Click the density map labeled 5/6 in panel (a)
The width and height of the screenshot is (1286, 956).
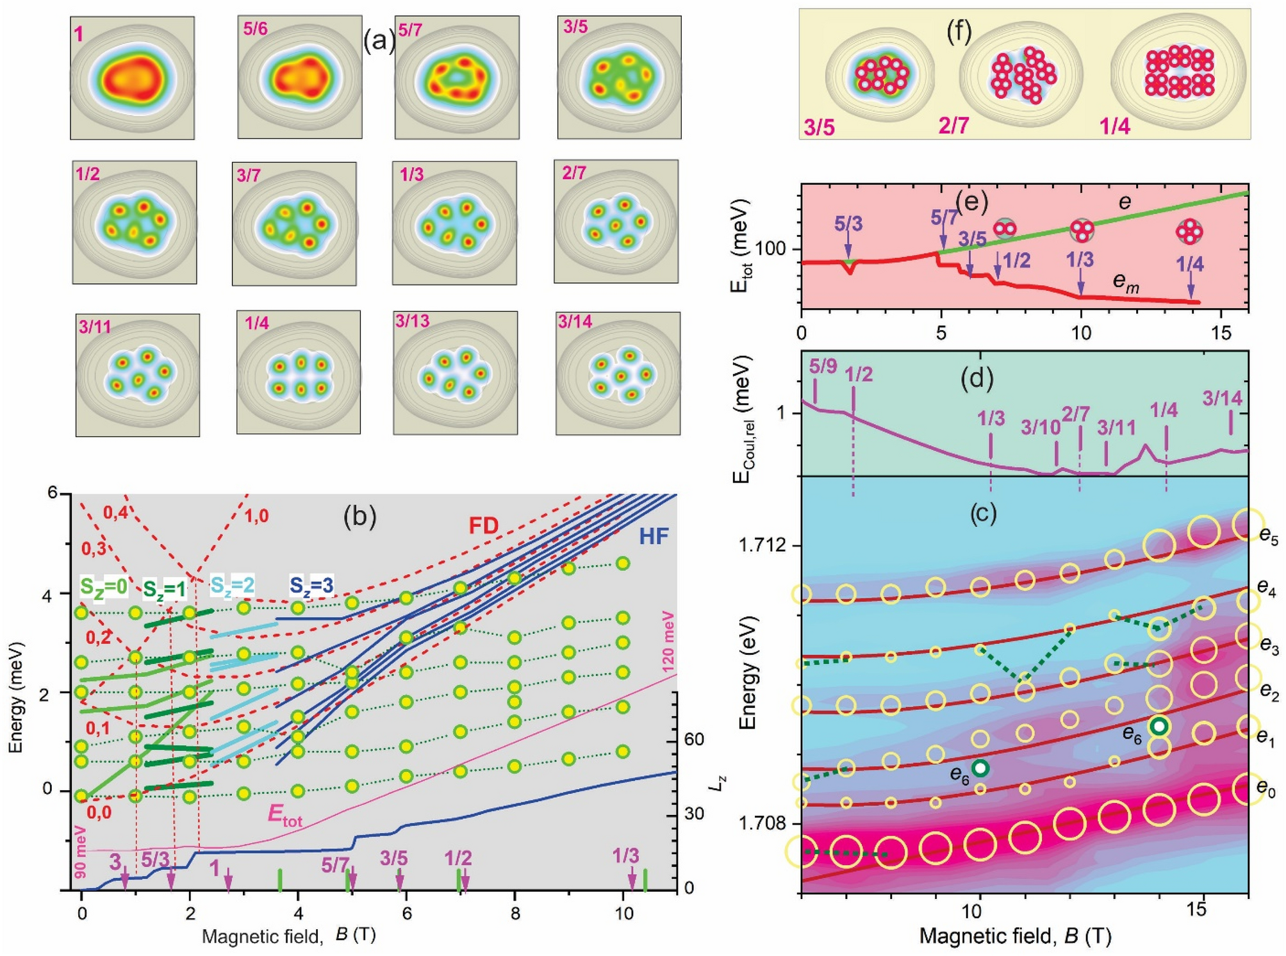300,77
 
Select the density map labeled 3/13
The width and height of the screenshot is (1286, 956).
455,373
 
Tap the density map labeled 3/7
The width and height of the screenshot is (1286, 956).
294,223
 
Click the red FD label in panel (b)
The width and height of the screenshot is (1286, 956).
483,526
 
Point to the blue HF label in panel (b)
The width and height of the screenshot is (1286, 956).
654,536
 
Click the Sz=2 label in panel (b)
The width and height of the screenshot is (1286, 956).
232,585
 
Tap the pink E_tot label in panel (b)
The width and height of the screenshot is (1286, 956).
284,816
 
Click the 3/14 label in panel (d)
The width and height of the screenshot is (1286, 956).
1222,399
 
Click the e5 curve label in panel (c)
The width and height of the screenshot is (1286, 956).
1267,537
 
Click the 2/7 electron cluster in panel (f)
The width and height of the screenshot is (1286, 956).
1023,75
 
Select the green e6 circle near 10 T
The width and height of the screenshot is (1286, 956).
980,768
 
